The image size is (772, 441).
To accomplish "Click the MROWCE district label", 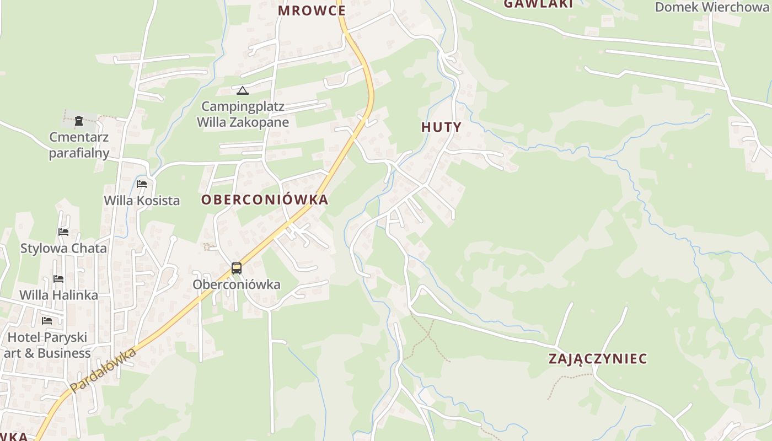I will [312, 10].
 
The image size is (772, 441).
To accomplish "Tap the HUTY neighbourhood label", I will [441, 127].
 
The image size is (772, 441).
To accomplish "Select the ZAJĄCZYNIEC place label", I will [598, 359].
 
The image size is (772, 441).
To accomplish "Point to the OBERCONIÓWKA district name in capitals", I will [265, 200].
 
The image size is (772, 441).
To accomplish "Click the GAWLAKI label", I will [538, 4].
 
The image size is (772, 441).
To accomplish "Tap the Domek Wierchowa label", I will [711, 7].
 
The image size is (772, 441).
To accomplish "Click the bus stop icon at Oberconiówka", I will [237, 268].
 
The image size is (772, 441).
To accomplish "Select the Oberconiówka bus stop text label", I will [236, 284].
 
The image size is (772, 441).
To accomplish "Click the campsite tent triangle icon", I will [242, 90].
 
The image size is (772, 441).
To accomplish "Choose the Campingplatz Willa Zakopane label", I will [243, 114].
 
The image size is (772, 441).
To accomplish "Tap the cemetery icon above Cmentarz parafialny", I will [79, 120].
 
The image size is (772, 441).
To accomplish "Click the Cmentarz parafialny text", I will [79, 145].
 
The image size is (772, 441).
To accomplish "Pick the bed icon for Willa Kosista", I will [142, 184].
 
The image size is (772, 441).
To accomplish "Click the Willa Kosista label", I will [142, 200].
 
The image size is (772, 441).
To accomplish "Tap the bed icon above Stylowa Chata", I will [63, 232].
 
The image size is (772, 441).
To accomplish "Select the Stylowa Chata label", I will [63, 248].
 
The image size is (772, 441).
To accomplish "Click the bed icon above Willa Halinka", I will [58, 279].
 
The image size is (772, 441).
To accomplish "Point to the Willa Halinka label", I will [58, 295].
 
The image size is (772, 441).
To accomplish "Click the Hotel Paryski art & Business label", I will [47, 345].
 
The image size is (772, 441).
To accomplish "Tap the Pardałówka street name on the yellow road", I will [103, 370].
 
